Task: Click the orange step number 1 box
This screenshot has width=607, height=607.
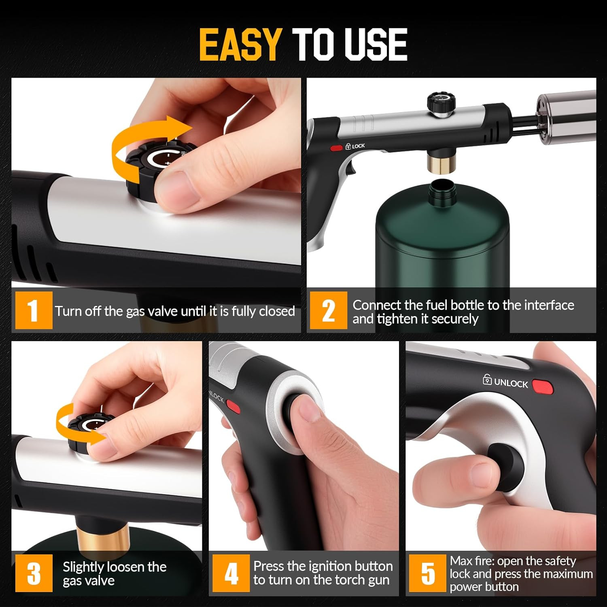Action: (34, 310)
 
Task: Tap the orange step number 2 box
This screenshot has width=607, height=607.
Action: (328, 310)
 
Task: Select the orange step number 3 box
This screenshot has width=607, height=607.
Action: (34, 573)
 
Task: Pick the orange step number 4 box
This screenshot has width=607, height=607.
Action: (231, 573)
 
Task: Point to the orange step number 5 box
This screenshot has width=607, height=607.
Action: (427, 573)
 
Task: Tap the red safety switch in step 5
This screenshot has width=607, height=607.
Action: (543, 387)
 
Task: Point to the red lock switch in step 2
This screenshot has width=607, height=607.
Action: (336, 148)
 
